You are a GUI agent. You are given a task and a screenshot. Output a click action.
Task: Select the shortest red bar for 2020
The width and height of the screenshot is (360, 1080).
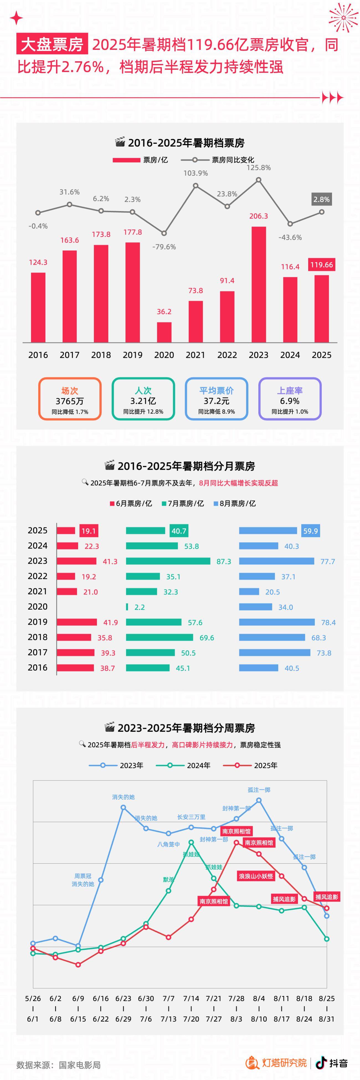pos(164,332)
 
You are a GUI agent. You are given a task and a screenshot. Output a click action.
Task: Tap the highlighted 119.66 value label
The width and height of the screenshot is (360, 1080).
pos(322,265)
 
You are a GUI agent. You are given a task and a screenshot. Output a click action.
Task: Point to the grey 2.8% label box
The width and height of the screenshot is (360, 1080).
pos(322,199)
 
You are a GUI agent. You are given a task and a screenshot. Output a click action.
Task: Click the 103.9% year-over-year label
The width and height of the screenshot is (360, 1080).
pos(195,173)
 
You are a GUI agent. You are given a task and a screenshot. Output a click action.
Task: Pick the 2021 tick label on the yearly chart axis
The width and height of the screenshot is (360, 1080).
pos(195,355)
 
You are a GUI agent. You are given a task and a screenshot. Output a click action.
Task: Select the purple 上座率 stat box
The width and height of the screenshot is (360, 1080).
pos(290,399)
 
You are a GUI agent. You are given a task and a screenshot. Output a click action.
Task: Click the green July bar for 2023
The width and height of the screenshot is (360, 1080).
pos(168,561)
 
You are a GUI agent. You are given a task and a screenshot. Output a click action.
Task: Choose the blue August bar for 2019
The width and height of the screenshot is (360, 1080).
pos(277,622)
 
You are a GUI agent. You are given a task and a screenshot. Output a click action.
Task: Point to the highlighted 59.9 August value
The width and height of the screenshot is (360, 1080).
pos(310,531)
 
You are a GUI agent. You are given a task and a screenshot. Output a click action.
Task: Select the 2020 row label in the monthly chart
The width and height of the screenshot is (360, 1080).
pos(38,607)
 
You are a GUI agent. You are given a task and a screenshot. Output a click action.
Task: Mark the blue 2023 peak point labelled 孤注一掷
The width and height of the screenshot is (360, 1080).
pos(259,800)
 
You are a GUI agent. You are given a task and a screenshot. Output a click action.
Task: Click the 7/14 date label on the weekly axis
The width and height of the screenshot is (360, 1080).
pos(191,999)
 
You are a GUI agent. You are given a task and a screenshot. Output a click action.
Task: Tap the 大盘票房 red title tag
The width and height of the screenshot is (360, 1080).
pos(52,44)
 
